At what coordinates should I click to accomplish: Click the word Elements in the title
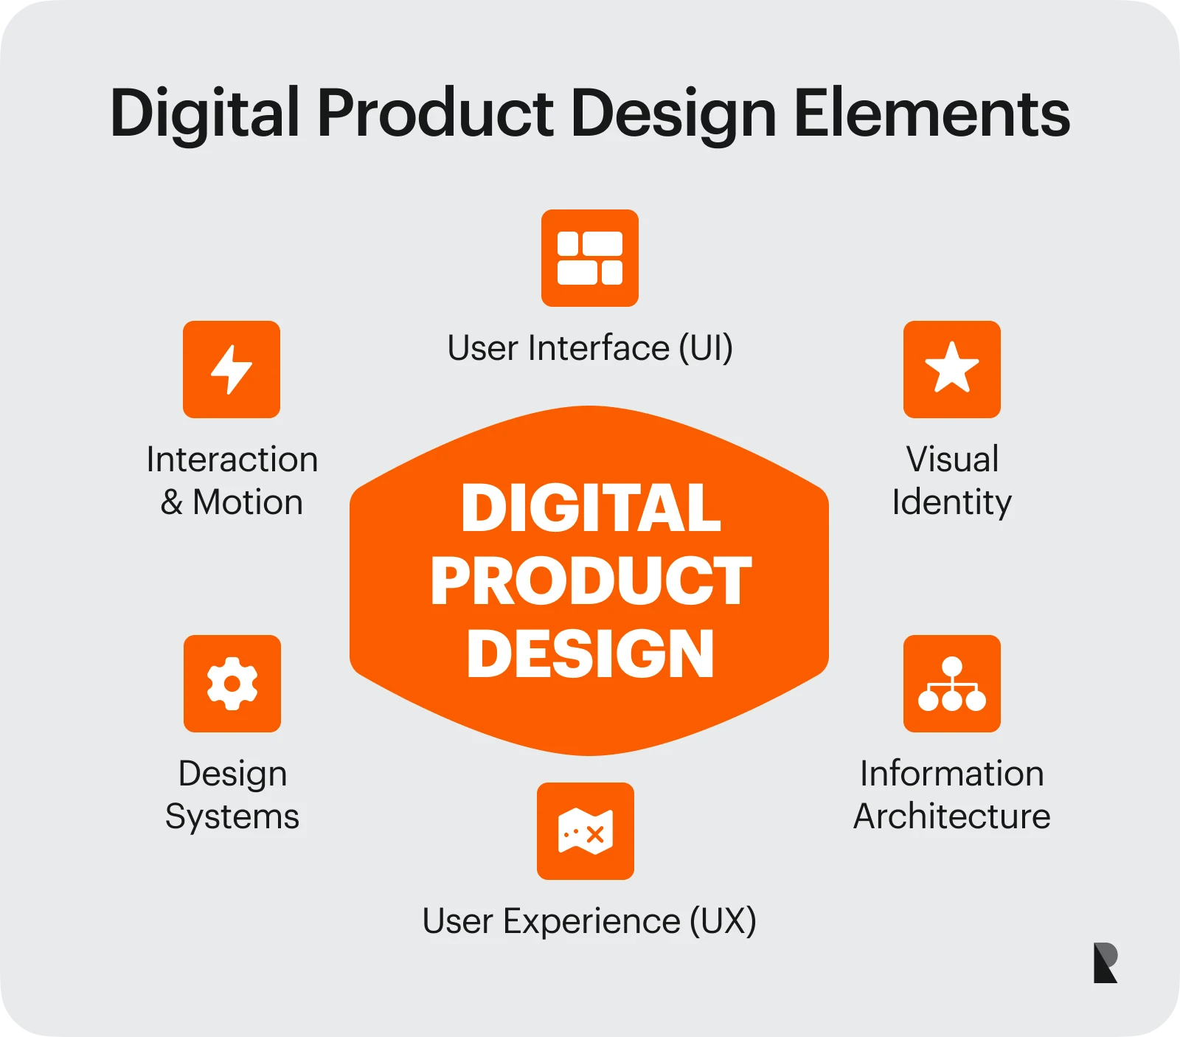pyautogui.click(x=931, y=114)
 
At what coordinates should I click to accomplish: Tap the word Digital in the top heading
pyautogui.click(x=205, y=114)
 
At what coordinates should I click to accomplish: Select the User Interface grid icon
pyautogui.click(x=590, y=258)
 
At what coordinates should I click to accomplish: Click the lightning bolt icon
pyautogui.click(x=232, y=370)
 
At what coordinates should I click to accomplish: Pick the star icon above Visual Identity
pyautogui.click(x=952, y=370)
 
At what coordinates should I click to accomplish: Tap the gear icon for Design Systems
pyautogui.click(x=232, y=684)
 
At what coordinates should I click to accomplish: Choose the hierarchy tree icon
pyautogui.click(x=952, y=684)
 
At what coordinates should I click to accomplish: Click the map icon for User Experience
pyautogui.click(x=586, y=831)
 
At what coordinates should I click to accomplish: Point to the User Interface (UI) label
pyautogui.click(x=590, y=348)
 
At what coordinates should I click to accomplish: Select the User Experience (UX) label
pyautogui.click(x=589, y=921)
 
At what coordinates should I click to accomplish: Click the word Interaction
pyautogui.click(x=232, y=459)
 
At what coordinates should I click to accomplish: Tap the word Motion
pyautogui.click(x=248, y=503)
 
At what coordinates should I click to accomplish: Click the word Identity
pyautogui.click(x=951, y=503)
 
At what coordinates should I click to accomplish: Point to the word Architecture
pyautogui.click(x=952, y=816)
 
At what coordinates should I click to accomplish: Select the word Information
pyautogui.click(x=952, y=774)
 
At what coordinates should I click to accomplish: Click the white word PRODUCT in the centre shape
pyautogui.click(x=591, y=581)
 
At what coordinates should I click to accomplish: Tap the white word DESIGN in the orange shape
pyautogui.click(x=591, y=653)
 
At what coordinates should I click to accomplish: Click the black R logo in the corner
pyautogui.click(x=1105, y=963)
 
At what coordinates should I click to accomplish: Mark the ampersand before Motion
pyautogui.click(x=172, y=503)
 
